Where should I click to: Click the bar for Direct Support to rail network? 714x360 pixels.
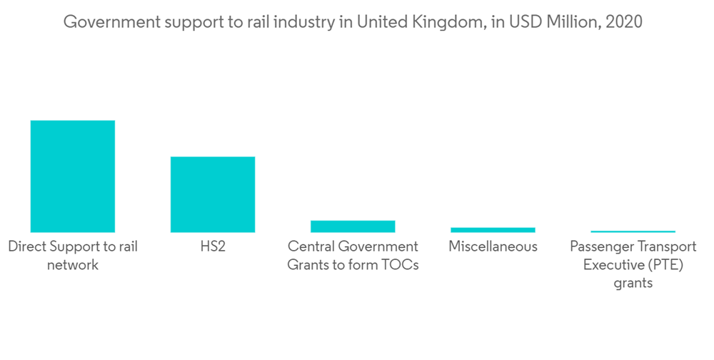tap(72, 176)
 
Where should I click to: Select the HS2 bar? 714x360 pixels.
tap(212, 194)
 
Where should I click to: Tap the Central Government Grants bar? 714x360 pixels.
tap(353, 226)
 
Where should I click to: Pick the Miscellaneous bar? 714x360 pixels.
tap(493, 230)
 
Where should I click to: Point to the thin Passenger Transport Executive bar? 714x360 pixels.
tap(633, 231)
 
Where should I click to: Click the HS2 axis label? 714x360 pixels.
tap(213, 247)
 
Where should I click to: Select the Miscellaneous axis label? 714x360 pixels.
tap(493, 247)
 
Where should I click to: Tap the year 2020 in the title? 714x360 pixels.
tap(623, 22)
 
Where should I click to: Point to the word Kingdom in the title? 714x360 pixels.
tap(446, 22)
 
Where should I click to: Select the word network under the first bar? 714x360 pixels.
tap(73, 265)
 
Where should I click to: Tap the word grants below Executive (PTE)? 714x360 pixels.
tap(633, 283)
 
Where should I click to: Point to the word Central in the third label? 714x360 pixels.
tap(311, 247)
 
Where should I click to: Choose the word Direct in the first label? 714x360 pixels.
tap(27, 247)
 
